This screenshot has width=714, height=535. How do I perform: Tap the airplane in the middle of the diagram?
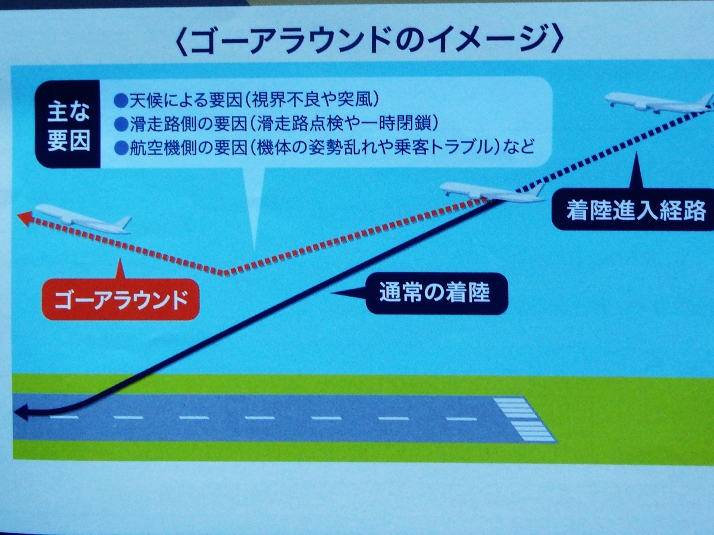pos(491,192)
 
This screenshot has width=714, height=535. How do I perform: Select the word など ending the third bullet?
pos(520,149)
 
